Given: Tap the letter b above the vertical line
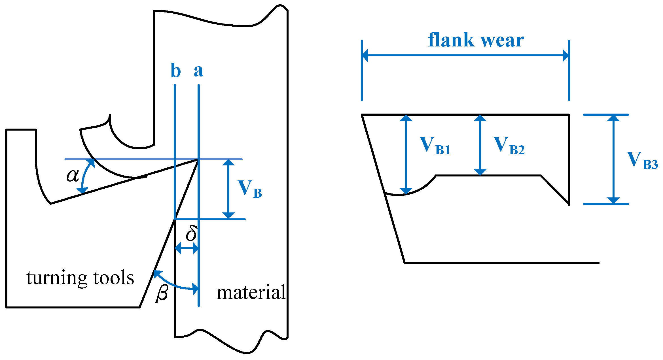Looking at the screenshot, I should (x=176, y=71).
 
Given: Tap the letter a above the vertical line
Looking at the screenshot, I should (x=198, y=71).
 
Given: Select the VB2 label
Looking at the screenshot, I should (x=509, y=146).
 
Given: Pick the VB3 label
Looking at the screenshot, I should (x=642, y=160).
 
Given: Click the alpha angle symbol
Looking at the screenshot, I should (x=73, y=176).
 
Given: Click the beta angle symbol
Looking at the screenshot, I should (x=162, y=294).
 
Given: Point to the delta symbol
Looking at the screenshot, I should (x=192, y=233).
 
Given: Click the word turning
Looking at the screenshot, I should (x=57, y=278).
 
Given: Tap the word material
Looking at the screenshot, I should (x=251, y=292).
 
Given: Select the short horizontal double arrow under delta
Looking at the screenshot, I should (x=187, y=249).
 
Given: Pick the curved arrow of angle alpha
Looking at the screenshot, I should (x=85, y=176).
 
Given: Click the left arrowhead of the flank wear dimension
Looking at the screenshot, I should (x=365, y=55).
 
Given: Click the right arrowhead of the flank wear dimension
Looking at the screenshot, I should (x=566, y=55).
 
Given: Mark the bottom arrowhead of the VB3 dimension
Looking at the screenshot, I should (x=613, y=200).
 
